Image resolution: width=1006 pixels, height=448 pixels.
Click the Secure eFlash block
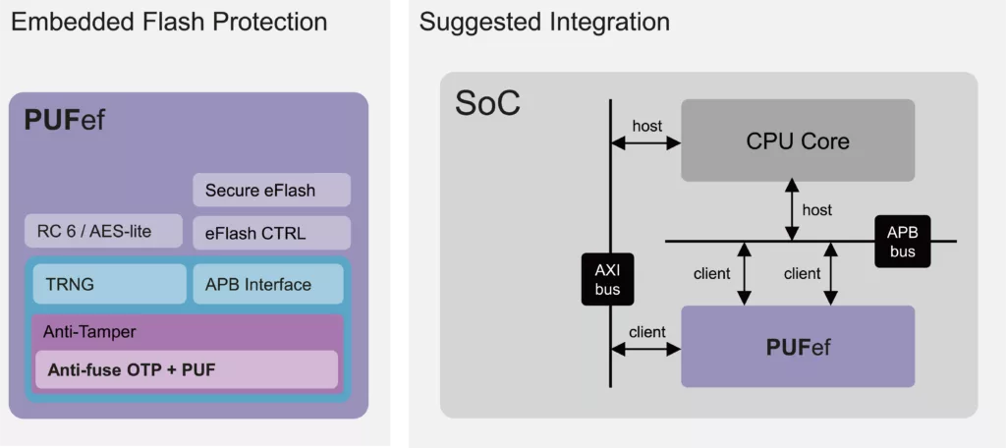(271, 190)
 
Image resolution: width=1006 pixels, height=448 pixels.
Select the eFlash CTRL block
(271, 233)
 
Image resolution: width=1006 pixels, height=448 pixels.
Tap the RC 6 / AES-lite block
(103, 233)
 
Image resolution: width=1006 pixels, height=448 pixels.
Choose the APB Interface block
(268, 284)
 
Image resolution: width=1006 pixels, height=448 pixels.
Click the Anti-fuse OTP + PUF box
(187, 369)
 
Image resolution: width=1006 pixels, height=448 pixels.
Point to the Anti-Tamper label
(89, 332)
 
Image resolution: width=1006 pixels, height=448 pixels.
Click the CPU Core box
(798, 140)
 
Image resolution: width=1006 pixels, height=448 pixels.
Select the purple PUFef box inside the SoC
(798, 346)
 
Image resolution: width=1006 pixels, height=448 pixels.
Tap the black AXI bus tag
(608, 279)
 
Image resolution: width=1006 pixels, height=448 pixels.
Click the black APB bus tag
(902, 241)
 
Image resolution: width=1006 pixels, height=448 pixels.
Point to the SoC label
(487, 103)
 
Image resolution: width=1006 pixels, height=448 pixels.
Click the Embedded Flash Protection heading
(169, 21)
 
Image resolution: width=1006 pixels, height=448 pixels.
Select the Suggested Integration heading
(544, 21)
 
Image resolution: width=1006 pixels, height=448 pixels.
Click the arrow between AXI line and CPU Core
(645, 142)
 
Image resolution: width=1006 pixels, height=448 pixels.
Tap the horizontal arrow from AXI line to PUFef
(645, 347)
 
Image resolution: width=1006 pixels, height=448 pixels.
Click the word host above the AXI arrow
(646, 126)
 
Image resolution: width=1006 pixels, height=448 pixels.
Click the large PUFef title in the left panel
(64, 122)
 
